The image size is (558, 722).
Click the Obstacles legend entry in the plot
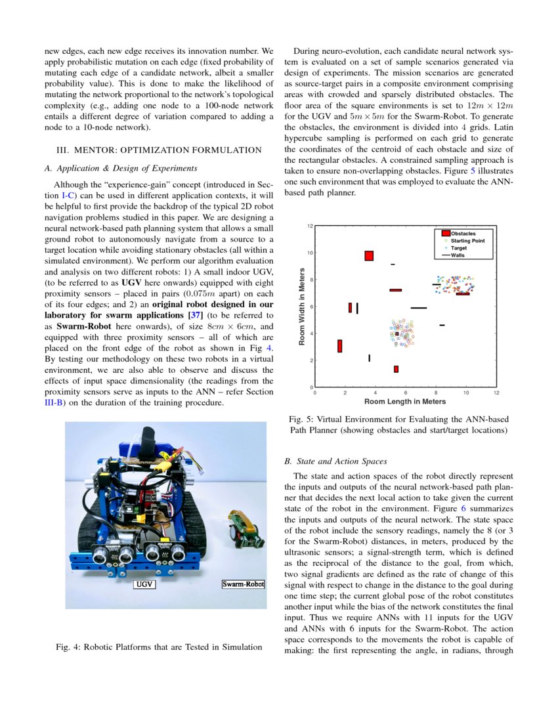(x=463, y=234)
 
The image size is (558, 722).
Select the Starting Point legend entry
(x=467, y=241)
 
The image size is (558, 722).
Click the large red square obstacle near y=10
(x=369, y=256)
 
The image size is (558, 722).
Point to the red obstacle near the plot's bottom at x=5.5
(x=396, y=369)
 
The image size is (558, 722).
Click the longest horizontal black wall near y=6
(x=419, y=307)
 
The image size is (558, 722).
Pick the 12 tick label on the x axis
(x=496, y=393)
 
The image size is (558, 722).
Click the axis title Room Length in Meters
(x=405, y=401)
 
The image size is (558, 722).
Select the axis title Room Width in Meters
(x=302, y=306)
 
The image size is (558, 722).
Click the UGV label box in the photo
(x=144, y=584)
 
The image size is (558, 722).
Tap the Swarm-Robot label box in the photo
(x=242, y=584)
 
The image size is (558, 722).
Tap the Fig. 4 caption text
(x=160, y=647)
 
